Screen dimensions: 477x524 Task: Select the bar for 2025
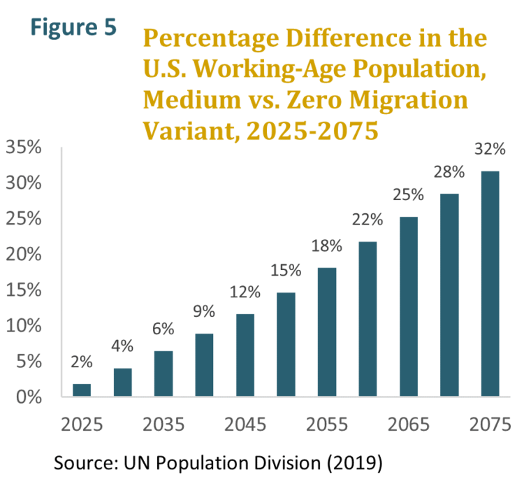pyautogui.click(x=82, y=390)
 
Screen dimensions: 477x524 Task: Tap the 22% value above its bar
pyautogui.click(x=367, y=220)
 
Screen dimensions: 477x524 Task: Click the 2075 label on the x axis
pyautogui.click(x=490, y=425)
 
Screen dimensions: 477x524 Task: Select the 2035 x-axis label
pyautogui.click(x=163, y=425)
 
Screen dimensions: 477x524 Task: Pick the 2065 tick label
pyautogui.click(x=408, y=425)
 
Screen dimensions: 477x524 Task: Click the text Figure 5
pyautogui.click(x=73, y=28)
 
